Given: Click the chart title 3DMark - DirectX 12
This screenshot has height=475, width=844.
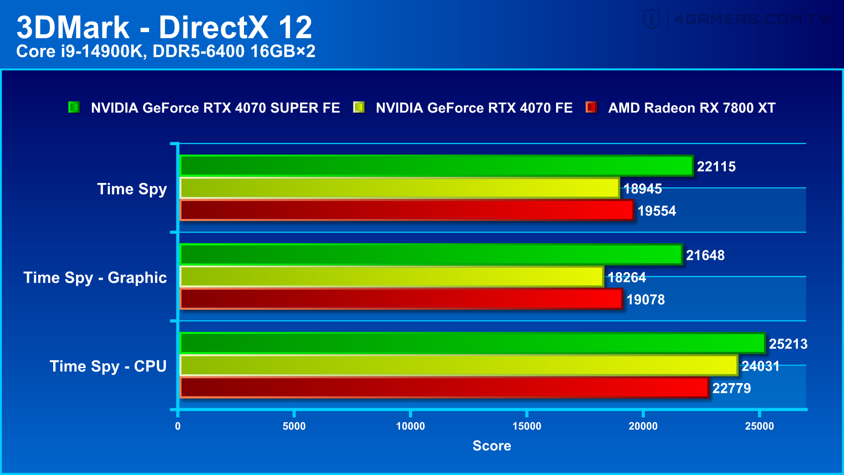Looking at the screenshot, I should coord(164,28).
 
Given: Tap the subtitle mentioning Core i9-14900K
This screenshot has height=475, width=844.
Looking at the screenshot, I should coord(166,51).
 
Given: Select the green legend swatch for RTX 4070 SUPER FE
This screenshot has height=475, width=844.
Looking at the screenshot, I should coord(74,107).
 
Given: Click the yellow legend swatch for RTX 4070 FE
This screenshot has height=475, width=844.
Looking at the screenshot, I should coord(359,107).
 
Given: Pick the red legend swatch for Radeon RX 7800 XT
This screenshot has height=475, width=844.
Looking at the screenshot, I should coord(591,107).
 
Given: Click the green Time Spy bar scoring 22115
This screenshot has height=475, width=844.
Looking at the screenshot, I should coord(436,166).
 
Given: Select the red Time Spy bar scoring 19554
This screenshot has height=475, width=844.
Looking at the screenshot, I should coord(407,210).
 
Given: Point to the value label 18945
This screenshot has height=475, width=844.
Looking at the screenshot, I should coord(642,189).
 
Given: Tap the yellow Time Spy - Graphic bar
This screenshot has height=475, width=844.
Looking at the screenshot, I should coord(391,277).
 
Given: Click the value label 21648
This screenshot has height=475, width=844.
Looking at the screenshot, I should coord(705,255).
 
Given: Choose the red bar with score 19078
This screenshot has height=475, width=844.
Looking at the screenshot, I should coord(401,299).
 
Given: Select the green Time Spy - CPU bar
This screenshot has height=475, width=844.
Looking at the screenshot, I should coord(473,343).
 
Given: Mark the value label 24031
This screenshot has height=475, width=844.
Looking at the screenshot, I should coord(760,366).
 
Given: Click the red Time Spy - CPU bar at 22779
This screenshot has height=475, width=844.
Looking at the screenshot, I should coord(444,388).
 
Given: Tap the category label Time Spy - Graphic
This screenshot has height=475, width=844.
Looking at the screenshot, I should coord(95,278).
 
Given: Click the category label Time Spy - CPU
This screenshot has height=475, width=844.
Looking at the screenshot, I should coord(108,366).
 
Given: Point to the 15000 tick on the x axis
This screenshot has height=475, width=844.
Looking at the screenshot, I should coord(527,426).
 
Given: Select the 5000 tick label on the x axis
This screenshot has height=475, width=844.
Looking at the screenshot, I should coord(294,426).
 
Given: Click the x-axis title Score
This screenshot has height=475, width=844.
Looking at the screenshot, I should coord(491,446).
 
